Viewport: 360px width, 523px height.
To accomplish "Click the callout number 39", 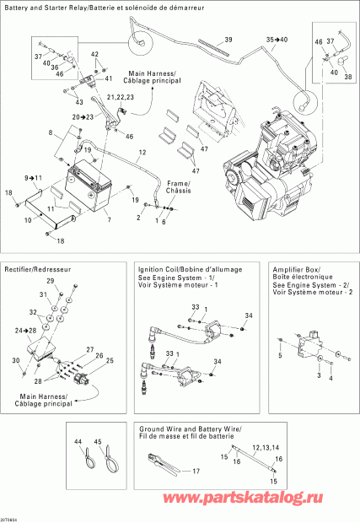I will click(x=228, y=40).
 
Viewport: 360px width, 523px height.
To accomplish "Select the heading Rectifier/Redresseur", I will click(x=31, y=268).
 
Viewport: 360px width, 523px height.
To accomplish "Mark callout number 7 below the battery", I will click(x=107, y=219).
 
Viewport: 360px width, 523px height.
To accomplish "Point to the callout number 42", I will click(x=95, y=55).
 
